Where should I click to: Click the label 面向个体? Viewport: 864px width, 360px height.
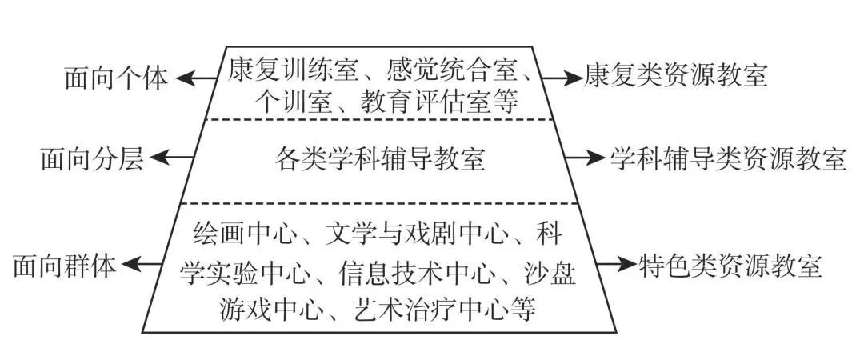tap(116, 79)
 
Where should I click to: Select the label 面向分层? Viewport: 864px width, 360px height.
tap(92, 160)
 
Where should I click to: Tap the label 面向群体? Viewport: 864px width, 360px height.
tap(65, 267)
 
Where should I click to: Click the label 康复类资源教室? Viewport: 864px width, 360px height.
tap(676, 75)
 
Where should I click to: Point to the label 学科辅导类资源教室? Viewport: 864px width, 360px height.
tap(729, 158)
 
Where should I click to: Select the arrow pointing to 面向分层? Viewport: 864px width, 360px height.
tap(171, 158)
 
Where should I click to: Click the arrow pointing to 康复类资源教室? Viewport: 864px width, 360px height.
tap(562, 78)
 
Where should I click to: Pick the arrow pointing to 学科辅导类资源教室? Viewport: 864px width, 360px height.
tap(585, 158)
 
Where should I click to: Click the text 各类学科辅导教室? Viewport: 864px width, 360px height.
tap(380, 160)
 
